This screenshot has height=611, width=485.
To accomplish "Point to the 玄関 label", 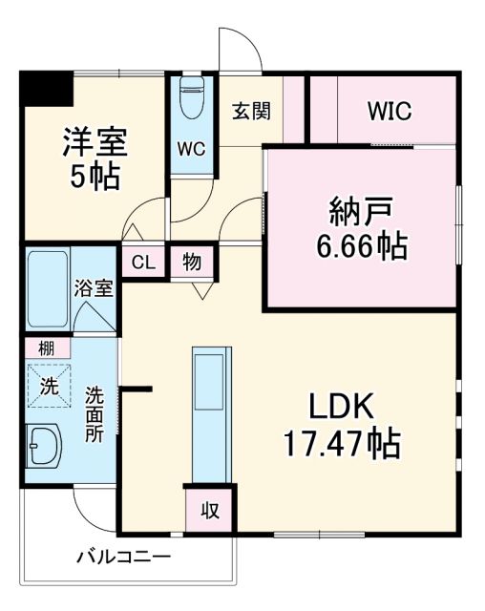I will [x=250, y=110].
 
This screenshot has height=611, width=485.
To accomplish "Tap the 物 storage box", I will [x=193, y=262].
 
